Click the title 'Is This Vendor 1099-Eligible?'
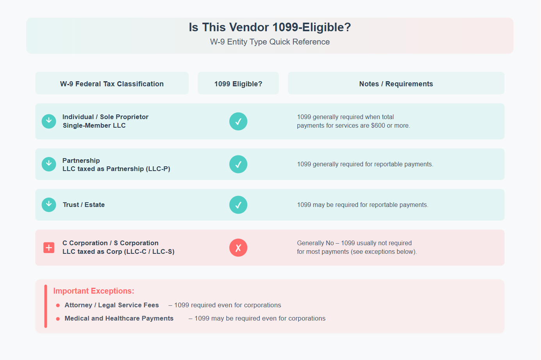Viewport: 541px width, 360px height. pyautogui.click(x=270, y=27)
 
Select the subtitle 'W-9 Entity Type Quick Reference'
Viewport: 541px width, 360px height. pyautogui.click(x=270, y=42)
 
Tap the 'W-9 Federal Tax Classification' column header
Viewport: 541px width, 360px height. pyautogui.click(x=112, y=84)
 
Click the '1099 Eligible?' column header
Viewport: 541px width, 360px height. pyautogui.click(x=238, y=84)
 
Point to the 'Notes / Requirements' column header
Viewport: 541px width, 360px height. pyautogui.click(x=396, y=84)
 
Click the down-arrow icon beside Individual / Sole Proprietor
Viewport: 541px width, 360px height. pyautogui.click(x=49, y=121)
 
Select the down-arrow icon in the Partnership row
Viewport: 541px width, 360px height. pyautogui.click(x=49, y=164)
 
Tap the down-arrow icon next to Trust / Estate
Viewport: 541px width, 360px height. pyautogui.click(x=49, y=205)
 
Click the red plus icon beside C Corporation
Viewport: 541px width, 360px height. pyautogui.click(x=49, y=248)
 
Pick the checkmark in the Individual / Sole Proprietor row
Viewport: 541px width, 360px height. pyautogui.click(x=238, y=121)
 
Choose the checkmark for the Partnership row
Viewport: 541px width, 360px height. pyautogui.click(x=238, y=164)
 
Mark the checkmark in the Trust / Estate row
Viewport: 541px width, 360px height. pyautogui.click(x=238, y=205)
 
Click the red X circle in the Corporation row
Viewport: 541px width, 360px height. pyautogui.click(x=238, y=248)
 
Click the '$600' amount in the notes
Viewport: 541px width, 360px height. pyautogui.click(x=378, y=126)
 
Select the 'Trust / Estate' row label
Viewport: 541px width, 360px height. pyautogui.click(x=84, y=205)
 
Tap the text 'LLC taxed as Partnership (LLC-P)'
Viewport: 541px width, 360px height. pyautogui.click(x=116, y=169)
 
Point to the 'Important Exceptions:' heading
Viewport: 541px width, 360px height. pyautogui.click(x=94, y=291)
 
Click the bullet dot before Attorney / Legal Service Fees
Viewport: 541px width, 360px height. pyautogui.click(x=58, y=305)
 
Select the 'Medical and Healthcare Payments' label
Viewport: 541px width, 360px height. pyautogui.click(x=119, y=318)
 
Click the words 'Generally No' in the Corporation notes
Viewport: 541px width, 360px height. pyautogui.click(x=315, y=243)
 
